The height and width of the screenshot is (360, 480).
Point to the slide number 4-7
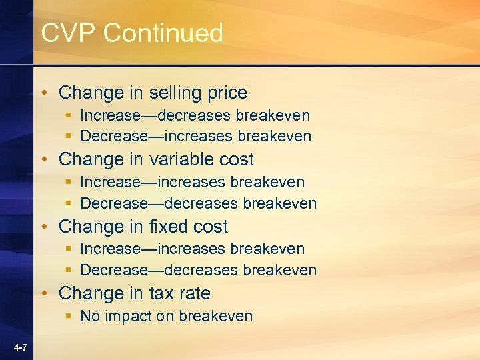tap(19, 347)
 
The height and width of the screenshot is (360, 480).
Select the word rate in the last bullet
tap(195, 293)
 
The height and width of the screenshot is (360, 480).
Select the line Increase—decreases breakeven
tap(195, 115)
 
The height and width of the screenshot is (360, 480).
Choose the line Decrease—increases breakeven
tap(195, 136)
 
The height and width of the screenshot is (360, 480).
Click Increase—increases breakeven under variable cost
tap(192, 182)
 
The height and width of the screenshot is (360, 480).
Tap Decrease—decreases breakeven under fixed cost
tap(198, 270)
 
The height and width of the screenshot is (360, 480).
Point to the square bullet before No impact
tap(69, 316)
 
